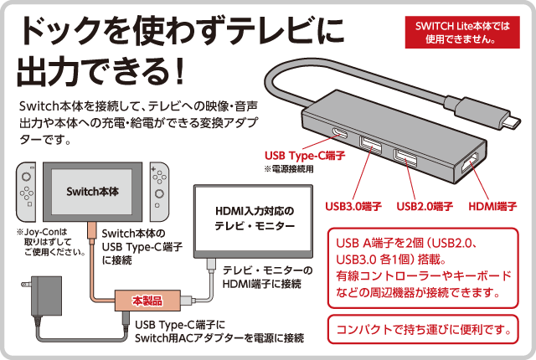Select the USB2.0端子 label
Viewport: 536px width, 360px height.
click(425, 206)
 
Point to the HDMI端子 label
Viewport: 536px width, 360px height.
click(493, 206)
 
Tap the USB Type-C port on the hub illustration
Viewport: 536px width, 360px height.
click(343, 136)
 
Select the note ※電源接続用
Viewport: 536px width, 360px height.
click(290, 169)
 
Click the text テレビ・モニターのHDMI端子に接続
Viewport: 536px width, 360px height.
click(268, 278)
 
